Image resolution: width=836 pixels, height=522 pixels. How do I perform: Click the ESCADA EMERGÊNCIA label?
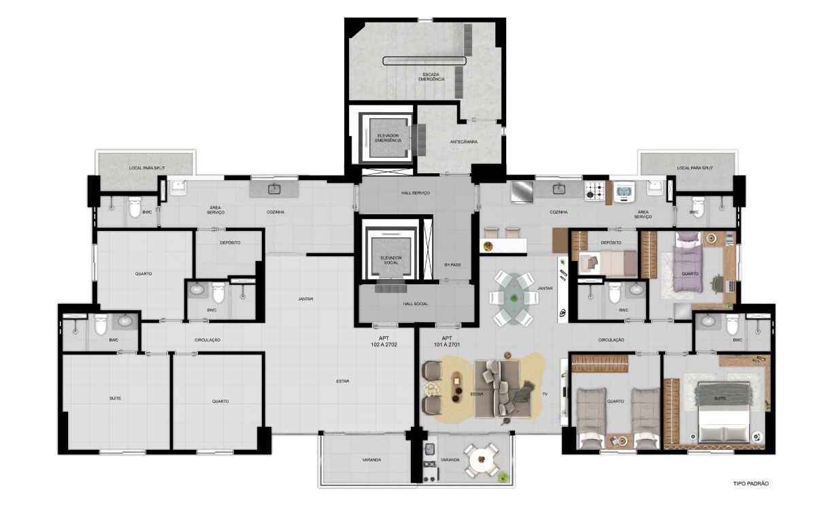tap(431, 77)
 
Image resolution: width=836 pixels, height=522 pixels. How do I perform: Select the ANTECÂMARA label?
tap(463, 142)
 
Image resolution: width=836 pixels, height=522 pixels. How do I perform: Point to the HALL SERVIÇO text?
tap(416, 193)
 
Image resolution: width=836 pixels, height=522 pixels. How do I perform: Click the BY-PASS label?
tap(452, 264)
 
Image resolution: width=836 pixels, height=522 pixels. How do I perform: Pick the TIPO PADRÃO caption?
tap(751, 483)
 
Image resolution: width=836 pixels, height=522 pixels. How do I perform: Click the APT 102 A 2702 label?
tap(384, 341)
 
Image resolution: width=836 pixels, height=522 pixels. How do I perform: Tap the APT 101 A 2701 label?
tap(447, 341)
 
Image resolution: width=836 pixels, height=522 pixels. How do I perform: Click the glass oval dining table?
tap(514, 298)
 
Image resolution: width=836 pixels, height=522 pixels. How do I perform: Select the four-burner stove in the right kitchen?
tap(595, 191)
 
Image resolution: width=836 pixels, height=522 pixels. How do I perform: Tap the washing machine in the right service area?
tap(624, 192)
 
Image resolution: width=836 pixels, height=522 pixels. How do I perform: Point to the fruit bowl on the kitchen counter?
tap(488, 246)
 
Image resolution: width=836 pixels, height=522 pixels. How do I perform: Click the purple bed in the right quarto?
tap(688, 262)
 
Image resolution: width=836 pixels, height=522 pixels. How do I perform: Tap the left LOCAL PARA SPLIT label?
tap(147, 168)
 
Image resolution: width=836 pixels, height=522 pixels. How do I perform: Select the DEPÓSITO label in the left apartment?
tap(230, 243)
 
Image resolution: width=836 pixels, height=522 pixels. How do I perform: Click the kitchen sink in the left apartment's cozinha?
tap(275, 189)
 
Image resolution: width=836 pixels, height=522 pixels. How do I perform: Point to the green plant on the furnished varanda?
tap(503, 476)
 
